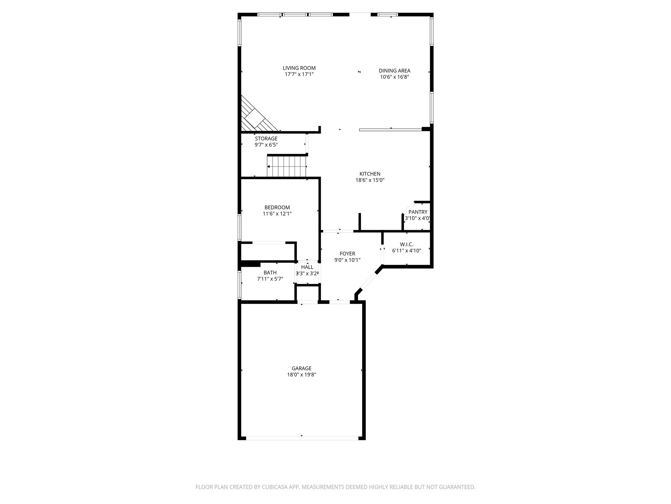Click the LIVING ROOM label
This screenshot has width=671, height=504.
click(x=299, y=68)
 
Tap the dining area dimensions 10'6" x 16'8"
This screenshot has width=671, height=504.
click(x=394, y=77)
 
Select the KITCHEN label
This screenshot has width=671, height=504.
click(x=370, y=174)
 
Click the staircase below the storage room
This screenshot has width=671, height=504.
click(x=287, y=166)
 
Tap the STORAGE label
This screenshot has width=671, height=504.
click(x=266, y=138)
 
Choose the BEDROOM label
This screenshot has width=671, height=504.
click(x=277, y=207)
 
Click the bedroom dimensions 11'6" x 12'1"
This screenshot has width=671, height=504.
click(x=277, y=214)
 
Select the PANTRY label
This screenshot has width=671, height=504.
click(x=418, y=212)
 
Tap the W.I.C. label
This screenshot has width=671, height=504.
click(x=406, y=244)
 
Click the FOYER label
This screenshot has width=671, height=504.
click(x=347, y=254)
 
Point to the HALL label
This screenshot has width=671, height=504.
click(x=307, y=267)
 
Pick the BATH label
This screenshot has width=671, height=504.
click(x=270, y=273)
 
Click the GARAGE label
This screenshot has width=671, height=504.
click(x=301, y=368)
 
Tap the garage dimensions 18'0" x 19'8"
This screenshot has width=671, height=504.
click(x=301, y=375)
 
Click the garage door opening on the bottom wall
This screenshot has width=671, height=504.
click(x=302, y=438)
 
